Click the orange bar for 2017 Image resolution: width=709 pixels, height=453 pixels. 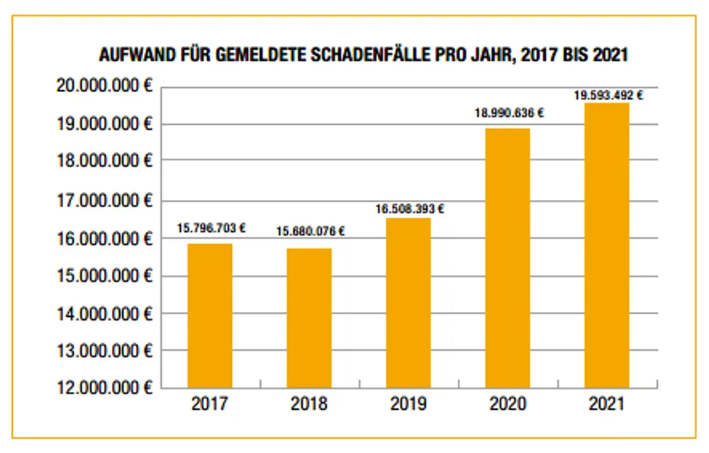pyautogui.click(x=210, y=315)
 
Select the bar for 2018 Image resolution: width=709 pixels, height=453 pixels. pyautogui.click(x=309, y=318)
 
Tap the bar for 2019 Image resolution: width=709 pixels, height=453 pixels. pyautogui.click(x=408, y=303)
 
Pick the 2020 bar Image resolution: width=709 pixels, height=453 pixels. pyautogui.click(x=508, y=258)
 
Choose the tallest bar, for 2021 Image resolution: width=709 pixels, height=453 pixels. pyautogui.click(x=607, y=245)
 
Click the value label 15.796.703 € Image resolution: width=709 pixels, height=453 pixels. pyautogui.click(x=211, y=228)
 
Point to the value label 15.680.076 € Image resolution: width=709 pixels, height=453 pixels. pyautogui.click(x=311, y=231)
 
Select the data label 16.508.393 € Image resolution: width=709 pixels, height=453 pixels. pyautogui.click(x=410, y=209)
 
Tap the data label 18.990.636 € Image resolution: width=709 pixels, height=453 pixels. pyautogui.click(x=509, y=113)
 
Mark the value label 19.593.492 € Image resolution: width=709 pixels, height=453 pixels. pyautogui.click(x=608, y=94)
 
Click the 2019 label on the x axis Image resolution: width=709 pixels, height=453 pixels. pyautogui.click(x=408, y=404)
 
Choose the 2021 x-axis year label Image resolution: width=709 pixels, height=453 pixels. pyautogui.click(x=607, y=404)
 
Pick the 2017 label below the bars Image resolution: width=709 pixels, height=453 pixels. pyautogui.click(x=210, y=404)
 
